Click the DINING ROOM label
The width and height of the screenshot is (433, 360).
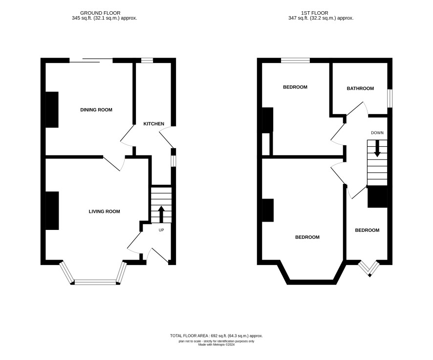[96, 110]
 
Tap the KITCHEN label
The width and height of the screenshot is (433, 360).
[153, 124]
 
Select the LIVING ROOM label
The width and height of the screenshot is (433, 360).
[105, 211]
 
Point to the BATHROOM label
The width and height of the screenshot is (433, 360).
[360, 89]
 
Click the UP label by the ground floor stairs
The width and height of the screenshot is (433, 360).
[161, 230]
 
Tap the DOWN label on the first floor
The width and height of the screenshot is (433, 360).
[377, 133]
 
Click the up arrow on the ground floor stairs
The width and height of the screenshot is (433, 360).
[161, 214]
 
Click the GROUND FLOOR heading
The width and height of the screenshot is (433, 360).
[100, 13]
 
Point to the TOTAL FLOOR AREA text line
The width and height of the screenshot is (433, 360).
[216, 336]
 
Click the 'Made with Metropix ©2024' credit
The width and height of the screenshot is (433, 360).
[216, 344]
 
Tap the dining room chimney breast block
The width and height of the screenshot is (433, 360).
[52, 110]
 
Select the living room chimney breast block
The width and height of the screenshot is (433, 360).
[52, 210]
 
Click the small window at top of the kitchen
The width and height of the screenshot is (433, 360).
[147, 60]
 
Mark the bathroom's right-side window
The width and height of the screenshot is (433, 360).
[390, 98]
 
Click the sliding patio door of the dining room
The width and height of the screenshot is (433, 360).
[91, 60]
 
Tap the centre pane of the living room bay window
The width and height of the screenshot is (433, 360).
[96, 282]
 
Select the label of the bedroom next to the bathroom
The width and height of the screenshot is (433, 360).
[295, 87]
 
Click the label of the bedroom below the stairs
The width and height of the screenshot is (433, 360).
[367, 230]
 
